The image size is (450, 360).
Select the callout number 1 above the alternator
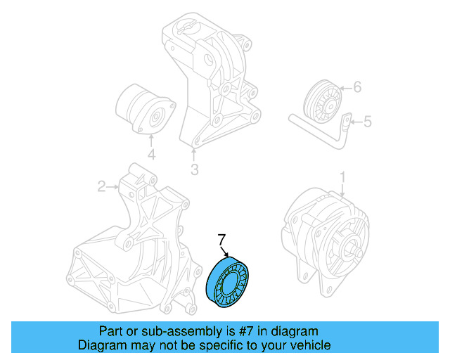pos(343,175)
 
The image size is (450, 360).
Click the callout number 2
pos(102,186)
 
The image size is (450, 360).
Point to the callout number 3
pos(194,169)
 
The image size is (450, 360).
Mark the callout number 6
pos(356,87)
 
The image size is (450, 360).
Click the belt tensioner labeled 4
pos(144,109)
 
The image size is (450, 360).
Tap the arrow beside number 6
pos(344,88)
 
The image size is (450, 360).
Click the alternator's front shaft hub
pos(352,248)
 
